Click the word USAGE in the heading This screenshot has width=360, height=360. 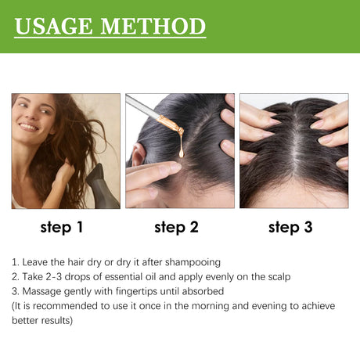56,27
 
